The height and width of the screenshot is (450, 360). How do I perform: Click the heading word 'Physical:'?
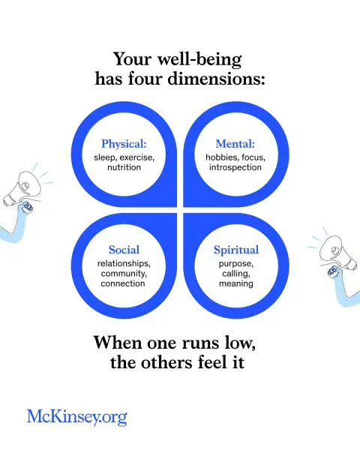(x=124, y=144)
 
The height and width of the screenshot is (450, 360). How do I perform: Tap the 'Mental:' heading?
(x=235, y=144)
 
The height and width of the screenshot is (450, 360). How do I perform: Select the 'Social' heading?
(x=124, y=250)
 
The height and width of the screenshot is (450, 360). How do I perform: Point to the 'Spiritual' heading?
(x=236, y=250)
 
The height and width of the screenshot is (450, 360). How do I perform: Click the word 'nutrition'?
(x=124, y=167)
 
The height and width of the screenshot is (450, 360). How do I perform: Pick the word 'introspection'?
(x=235, y=167)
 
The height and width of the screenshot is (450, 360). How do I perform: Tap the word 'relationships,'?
(x=124, y=263)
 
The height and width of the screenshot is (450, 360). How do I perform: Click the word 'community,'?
(x=124, y=274)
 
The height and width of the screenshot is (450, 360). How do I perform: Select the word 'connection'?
(x=123, y=283)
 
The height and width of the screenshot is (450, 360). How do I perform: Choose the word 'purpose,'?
(x=236, y=264)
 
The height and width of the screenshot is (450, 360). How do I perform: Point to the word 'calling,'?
(x=236, y=274)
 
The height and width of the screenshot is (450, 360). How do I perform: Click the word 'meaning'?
(x=236, y=283)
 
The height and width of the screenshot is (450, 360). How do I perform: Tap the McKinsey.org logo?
(x=77, y=417)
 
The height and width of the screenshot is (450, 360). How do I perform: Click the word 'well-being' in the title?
(x=199, y=60)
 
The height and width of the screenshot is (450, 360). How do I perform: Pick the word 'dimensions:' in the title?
(x=216, y=78)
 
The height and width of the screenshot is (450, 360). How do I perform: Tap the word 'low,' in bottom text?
(x=240, y=343)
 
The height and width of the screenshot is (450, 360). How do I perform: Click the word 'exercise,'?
(x=137, y=157)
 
